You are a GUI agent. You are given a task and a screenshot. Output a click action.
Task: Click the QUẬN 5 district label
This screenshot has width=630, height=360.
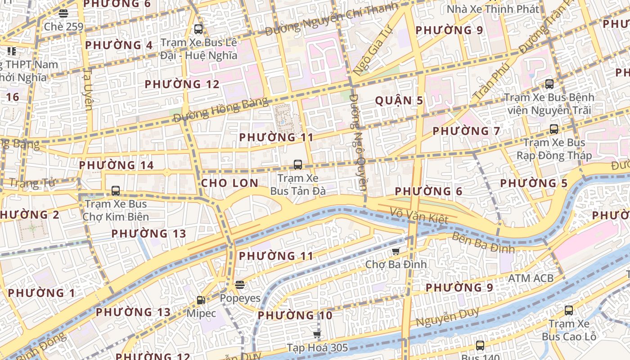[x=399, y=100]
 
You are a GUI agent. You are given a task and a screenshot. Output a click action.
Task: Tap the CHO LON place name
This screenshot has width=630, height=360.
[x=229, y=183]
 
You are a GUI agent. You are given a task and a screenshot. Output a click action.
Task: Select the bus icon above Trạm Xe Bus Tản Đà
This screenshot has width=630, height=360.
[x=298, y=165]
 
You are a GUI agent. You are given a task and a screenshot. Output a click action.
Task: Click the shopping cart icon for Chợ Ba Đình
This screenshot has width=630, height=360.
[x=396, y=251]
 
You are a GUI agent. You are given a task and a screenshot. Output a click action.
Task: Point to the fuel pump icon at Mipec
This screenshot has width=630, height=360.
[x=201, y=300]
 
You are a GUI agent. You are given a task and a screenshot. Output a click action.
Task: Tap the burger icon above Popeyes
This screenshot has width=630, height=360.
[x=240, y=284]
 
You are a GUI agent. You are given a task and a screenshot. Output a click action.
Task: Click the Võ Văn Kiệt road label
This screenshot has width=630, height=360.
[x=419, y=216]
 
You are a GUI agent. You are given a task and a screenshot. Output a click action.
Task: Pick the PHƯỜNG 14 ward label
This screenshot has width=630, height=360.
[x=117, y=165]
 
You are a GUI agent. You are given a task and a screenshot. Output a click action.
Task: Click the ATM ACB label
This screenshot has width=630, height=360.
[x=531, y=278]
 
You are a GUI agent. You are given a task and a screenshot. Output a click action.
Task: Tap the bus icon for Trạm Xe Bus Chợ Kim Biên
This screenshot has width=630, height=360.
[x=116, y=191]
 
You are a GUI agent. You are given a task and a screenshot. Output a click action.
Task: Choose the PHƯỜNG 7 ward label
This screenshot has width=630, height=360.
[x=466, y=131]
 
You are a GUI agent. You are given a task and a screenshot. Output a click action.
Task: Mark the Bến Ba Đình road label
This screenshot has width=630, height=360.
[x=482, y=243]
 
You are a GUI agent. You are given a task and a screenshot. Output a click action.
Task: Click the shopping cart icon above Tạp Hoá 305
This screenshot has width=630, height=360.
[x=317, y=334]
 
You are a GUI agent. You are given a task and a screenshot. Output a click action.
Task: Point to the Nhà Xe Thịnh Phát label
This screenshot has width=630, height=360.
[x=492, y=9]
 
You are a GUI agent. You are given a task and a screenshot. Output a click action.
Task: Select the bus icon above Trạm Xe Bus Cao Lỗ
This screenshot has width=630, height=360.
[x=569, y=310]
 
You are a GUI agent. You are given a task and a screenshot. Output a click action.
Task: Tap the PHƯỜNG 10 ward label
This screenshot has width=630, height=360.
[x=295, y=315]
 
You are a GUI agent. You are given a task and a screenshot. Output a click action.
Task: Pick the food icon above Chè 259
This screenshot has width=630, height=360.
[x=63, y=13]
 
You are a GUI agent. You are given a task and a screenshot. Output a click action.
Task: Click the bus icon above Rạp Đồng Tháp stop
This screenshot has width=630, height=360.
[x=554, y=129]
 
